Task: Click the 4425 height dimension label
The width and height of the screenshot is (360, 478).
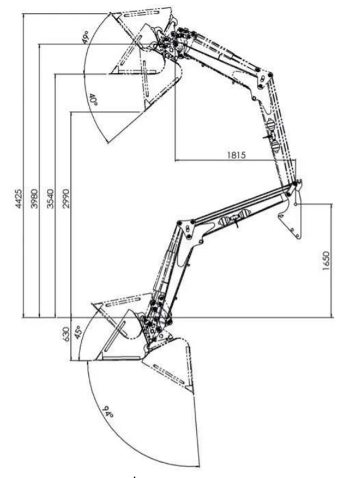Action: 18,199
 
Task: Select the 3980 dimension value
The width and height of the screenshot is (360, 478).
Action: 35,199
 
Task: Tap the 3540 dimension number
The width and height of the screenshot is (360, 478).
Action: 51,199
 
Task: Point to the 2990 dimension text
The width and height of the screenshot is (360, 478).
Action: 66,199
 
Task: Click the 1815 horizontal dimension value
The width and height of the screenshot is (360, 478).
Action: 236,155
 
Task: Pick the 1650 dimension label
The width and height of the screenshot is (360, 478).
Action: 325,261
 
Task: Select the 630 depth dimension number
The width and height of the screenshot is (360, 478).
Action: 67,334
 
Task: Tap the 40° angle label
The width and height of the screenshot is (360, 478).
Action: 93,100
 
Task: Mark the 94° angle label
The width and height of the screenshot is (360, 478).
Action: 108,412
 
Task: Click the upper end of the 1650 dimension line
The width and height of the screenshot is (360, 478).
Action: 332,204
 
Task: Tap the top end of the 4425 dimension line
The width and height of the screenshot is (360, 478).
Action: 23,14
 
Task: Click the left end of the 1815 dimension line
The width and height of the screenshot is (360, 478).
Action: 175,160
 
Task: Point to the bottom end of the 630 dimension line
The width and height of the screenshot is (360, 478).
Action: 71,361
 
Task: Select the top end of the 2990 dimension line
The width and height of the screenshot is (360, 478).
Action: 71,112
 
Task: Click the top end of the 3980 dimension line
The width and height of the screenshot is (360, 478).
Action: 39,44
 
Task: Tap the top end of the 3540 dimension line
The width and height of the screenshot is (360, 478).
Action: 55,74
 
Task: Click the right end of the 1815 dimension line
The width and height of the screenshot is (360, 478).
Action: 295,160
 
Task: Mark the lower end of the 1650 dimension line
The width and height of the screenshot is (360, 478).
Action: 332,318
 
